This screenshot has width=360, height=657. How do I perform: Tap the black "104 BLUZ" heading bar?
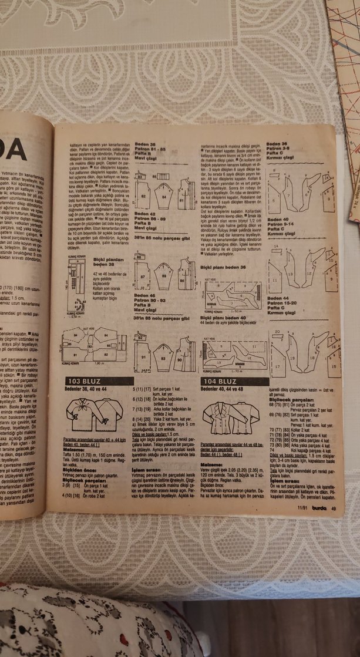[x=227, y=381]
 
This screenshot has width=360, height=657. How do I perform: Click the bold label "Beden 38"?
[x=145, y=144]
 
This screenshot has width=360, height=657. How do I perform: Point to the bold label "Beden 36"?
[x=277, y=143]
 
